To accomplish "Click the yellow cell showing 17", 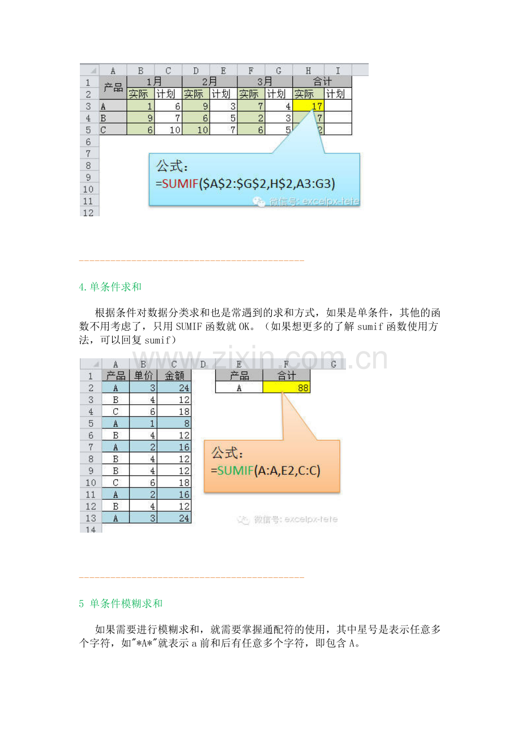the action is tap(309, 106).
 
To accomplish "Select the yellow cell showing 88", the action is tap(287, 387).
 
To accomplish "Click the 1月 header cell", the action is tap(154, 82).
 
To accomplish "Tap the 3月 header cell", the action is tap(264, 82).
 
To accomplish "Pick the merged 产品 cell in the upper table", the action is tap(113, 88).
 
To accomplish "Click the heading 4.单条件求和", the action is tap(110, 287).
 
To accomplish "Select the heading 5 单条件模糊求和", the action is tap(121, 603).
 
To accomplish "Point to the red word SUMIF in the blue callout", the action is tap(180, 183).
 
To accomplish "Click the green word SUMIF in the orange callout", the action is tap(236, 470).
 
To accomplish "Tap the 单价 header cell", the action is tap(143, 375).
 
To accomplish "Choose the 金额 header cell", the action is tap(174, 375).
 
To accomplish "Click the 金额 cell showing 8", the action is tap(174, 423).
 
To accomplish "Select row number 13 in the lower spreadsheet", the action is tap(91, 518).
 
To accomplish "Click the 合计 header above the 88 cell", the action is tap(287, 375).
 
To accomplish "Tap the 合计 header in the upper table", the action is tap(322, 82).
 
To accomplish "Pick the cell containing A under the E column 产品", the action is tap(239, 387).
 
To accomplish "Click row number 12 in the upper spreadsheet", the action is tap(88, 212).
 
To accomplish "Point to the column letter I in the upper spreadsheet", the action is tap(338, 70).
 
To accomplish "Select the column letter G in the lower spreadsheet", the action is tap(334, 364).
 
